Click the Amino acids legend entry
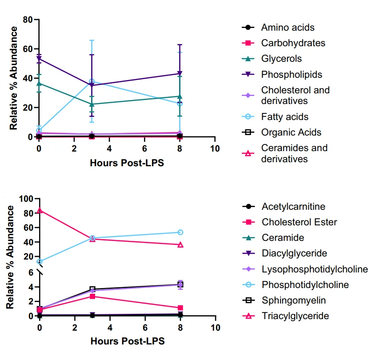tap(288, 28)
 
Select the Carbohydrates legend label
tap(293, 43)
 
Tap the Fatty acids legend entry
tap(284, 117)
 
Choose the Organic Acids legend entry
tap(291, 132)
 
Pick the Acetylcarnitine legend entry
tap(293, 207)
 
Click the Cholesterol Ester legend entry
tap(299, 222)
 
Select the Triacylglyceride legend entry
tap(295, 316)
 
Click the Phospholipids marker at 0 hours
tap(39, 59)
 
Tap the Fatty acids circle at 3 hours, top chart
tap(92, 81)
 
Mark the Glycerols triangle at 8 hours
tap(180, 96)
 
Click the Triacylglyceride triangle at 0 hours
tap(40, 210)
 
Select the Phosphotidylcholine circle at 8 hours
tap(180, 232)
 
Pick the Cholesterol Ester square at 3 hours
tap(92, 296)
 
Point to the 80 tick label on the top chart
tap(28, 20)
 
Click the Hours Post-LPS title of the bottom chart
tap(128, 341)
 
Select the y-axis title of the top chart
tap(14, 78)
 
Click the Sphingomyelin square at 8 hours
tap(180, 284)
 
